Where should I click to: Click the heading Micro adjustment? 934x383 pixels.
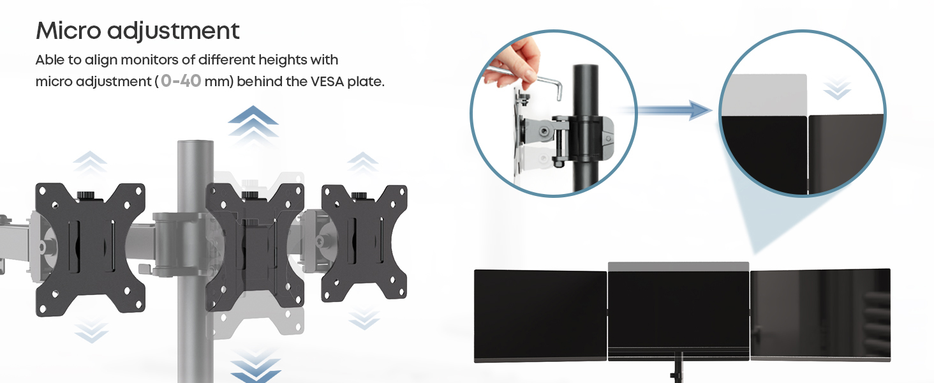tap(138, 31)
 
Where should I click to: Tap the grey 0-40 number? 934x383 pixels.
tap(181, 81)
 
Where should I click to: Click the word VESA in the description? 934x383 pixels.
tap(327, 81)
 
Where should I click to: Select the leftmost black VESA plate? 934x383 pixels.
tap(91, 249)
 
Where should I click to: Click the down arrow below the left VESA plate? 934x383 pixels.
tap(91, 332)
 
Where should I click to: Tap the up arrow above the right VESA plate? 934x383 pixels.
tap(363, 162)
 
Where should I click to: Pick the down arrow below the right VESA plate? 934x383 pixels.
tap(364, 319)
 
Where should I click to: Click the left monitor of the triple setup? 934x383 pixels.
tap(540, 316)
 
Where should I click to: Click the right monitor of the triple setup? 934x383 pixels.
tap(820, 315)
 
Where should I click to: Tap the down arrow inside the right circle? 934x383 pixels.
tap(837, 89)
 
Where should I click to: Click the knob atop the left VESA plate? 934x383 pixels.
tap(87, 195)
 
